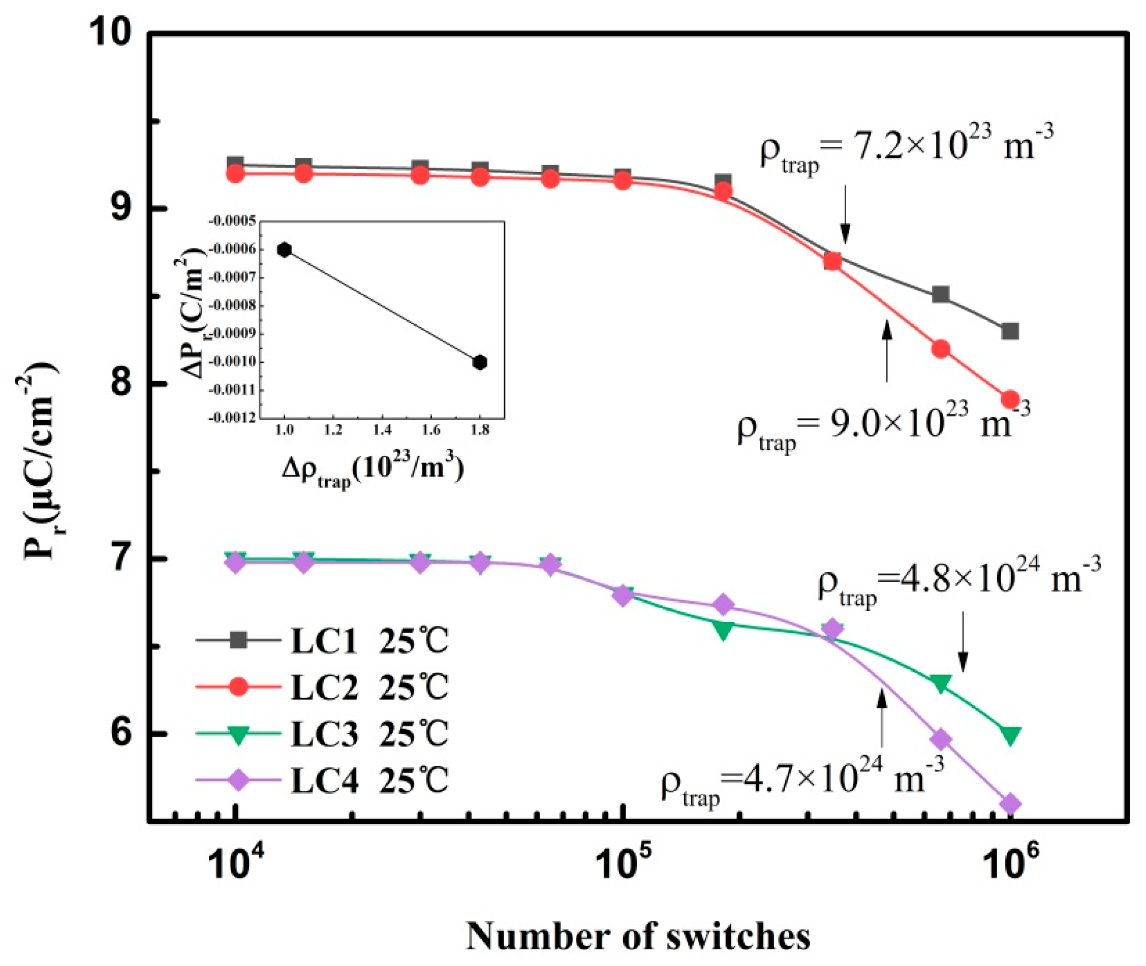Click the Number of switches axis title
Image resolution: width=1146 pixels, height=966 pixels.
click(x=638, y=936)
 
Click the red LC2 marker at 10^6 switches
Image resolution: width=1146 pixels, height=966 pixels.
click(x=1010, y=399)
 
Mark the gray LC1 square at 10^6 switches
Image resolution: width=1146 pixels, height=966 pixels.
click(x=1010, y=331)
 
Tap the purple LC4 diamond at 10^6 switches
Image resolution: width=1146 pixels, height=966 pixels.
click(x=1010, y=804)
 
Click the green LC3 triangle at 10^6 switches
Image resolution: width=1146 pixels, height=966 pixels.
click(x=1010, y=735)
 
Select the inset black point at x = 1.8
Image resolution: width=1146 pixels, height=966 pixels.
click(x=480, y=362)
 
